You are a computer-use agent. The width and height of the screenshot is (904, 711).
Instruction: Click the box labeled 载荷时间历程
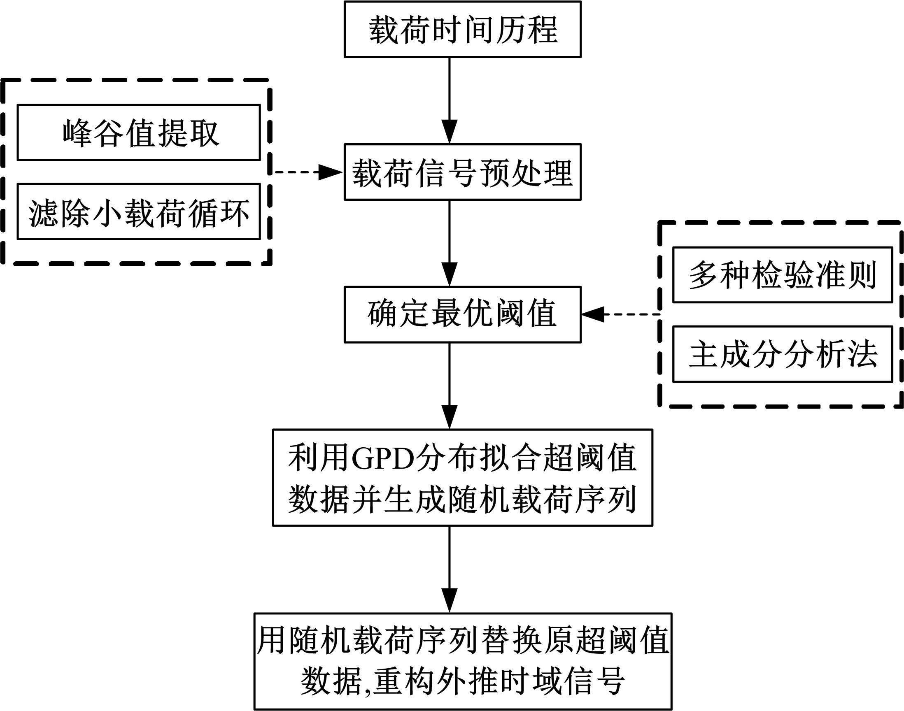[x=462, y=29]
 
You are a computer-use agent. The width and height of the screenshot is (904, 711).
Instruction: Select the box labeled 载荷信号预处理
[x=462, y=172]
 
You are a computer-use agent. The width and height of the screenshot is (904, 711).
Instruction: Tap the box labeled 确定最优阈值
[x=462, y=314]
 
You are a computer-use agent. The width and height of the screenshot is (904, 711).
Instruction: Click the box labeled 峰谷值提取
[x=139, y=132]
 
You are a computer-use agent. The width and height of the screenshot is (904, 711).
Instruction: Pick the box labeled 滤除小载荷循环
[x=139, y=211]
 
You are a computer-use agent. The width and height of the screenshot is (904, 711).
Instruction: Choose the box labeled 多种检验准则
[x=783, y=275]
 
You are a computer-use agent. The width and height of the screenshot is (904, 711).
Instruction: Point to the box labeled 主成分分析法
[x=783, y=354]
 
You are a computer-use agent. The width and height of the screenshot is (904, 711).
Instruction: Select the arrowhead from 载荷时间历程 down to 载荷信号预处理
[x=449, y=131]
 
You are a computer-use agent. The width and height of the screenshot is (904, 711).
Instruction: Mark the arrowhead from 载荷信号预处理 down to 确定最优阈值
[x=449, y=274]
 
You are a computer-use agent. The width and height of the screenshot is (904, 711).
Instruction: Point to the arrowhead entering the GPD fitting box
[x=449, y=416]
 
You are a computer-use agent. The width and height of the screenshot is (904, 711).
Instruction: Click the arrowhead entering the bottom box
[x=449, y=600]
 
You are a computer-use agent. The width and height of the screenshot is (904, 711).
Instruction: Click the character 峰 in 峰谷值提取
[x=78, y=133]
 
